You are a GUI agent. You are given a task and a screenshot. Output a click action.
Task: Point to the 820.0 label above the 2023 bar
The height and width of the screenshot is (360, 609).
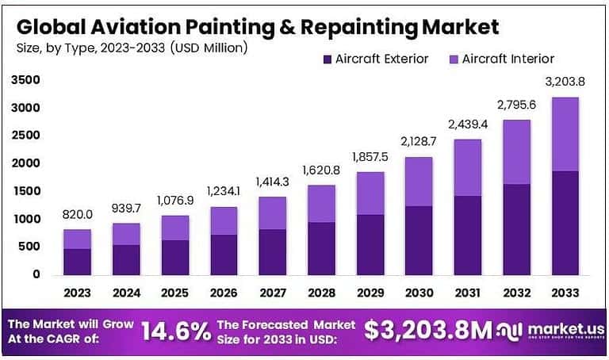(x=77, y=214)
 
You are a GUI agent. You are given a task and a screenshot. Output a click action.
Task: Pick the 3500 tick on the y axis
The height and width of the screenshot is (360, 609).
(x=26, y=80)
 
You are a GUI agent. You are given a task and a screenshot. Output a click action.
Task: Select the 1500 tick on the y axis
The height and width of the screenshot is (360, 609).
(x=26, y=191)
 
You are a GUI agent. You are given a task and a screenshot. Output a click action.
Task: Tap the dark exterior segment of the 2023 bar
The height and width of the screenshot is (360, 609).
(x=77, y=261)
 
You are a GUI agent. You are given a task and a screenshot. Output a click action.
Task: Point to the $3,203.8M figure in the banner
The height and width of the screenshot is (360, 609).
(x=428, y=331)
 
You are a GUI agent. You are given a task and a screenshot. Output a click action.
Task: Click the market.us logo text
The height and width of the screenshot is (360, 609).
(x=556, y=327)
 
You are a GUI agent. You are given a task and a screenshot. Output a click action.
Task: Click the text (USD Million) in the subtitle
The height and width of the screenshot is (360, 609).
(x=207, y=48)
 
